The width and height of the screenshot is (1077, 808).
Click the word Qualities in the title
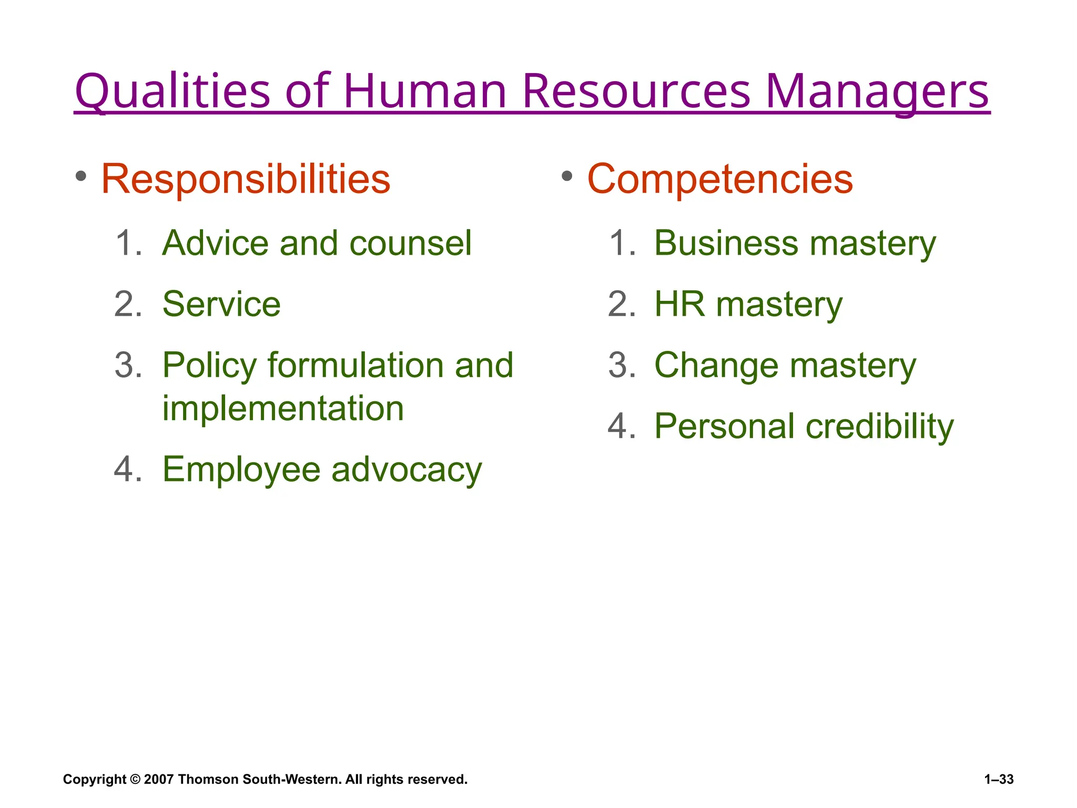coord(172,91)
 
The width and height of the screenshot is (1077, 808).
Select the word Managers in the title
coord(877,91)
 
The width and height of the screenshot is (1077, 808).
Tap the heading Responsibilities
coord(246,179)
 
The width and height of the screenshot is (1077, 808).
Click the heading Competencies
coord(720,179)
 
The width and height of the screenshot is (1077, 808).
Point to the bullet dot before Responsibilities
coord(80,176)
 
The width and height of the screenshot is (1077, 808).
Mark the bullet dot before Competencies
coord(566,176)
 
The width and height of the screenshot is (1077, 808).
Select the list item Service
coord(221,304)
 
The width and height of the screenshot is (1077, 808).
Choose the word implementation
coord(283,408)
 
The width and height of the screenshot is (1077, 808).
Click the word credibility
coord(879,426)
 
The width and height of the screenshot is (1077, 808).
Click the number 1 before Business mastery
coord(621,243)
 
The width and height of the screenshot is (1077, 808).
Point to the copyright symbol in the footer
coord(135,779)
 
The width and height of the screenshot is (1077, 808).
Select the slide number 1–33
coord(999,779)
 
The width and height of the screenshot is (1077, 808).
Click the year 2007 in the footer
coord(159,779)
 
